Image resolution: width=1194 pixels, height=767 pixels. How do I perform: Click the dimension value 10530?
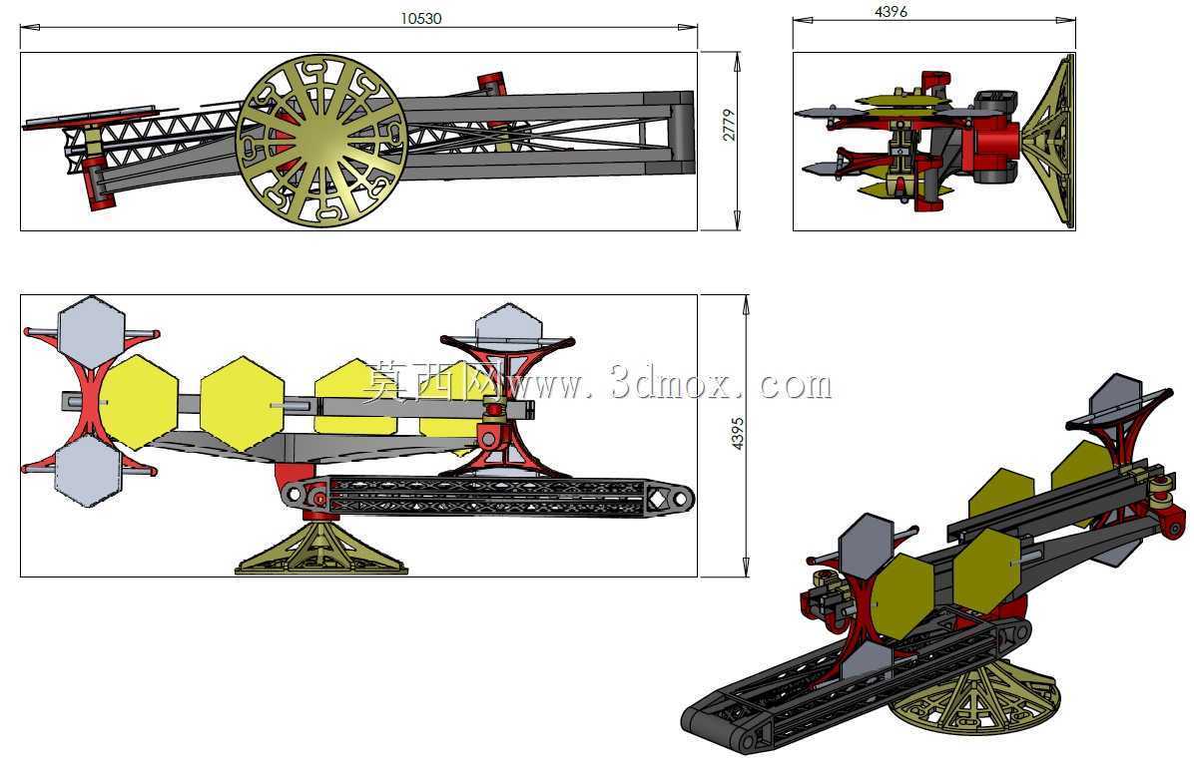[x=420, y=18]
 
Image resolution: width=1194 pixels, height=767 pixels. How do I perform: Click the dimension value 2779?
[x=729, y=125]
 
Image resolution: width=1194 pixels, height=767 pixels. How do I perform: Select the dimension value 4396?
[x=891, y=11]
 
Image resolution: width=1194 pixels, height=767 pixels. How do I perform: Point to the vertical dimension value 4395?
[x=737, y=434]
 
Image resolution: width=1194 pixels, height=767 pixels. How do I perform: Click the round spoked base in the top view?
[x=321, y=140]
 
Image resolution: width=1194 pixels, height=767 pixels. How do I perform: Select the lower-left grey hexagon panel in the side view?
[x=89, y=472]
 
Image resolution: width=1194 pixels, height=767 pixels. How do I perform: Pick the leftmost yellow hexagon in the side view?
[x=139, y=402]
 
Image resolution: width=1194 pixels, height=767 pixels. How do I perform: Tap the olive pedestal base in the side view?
[x=321, y=548]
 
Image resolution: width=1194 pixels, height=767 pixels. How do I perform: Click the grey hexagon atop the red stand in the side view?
[x=509, y=322]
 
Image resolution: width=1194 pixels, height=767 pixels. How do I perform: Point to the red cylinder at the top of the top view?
[x=492, y=82]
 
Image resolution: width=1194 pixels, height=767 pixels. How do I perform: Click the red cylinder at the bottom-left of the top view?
[x=98, y=183]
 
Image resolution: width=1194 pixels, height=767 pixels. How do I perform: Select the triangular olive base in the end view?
[x=1049, y=141]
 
